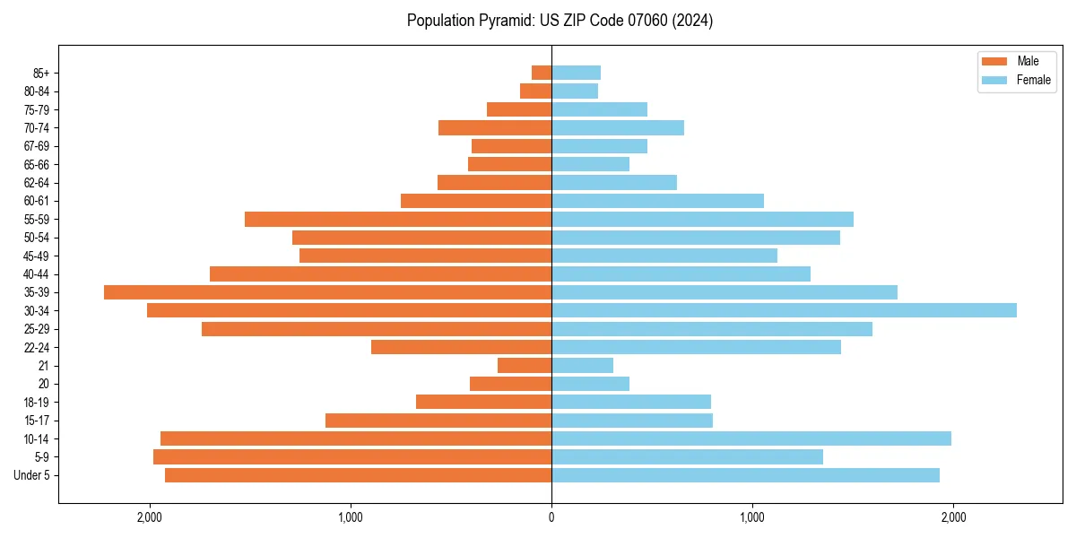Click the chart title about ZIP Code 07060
point(560,21)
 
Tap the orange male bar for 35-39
point(327,292)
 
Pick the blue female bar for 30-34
point(784,310)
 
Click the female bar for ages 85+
point(576,73)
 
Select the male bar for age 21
point(525,365)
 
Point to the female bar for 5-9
point(687,456)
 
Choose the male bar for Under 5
point(358,475)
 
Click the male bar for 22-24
point(461,347)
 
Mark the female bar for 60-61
point(657,201)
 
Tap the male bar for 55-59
point(398,219)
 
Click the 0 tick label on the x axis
point(551,517)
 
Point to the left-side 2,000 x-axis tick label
point(149,517)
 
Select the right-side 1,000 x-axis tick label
point(752,517)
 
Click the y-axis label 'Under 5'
point(31,475)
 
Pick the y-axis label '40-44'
point(36,274)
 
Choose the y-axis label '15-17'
point(36,421)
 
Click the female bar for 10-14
point(751,438)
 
